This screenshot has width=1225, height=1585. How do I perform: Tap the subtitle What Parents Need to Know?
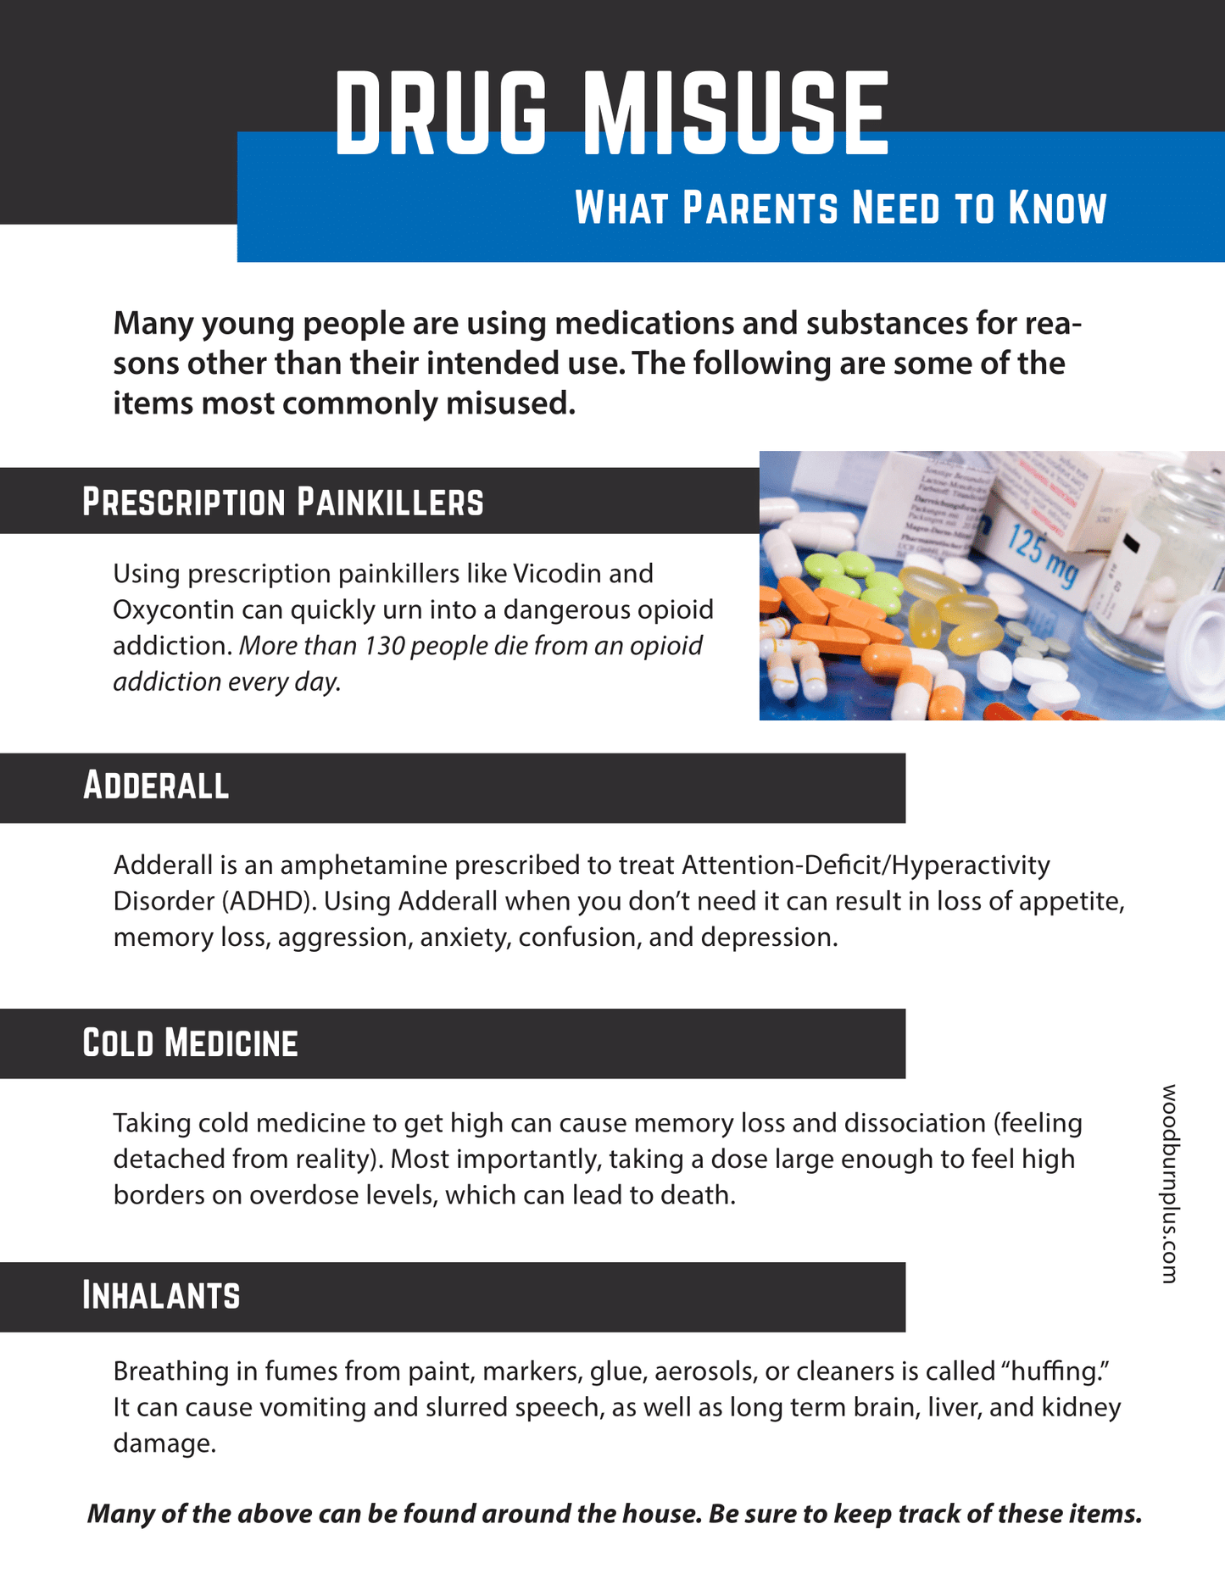coord(841,208)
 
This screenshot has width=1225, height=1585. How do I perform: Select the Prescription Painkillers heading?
coord(282,502)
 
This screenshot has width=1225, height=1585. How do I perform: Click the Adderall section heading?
coord(156,786)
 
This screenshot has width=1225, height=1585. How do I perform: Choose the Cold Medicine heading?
coord(190,1043)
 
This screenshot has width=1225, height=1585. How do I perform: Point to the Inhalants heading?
coord(161,1296)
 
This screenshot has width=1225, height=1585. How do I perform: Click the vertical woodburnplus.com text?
coord(1169,1182)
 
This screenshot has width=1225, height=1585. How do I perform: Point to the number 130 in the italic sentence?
coord(387,646)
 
